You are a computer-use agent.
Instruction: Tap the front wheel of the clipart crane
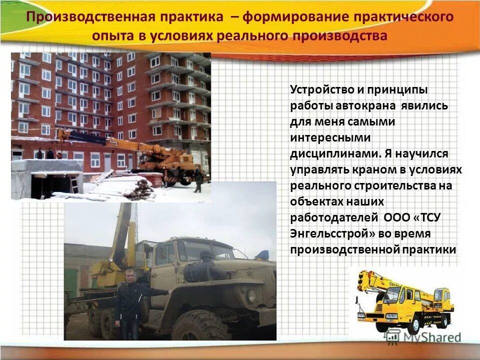pyautogui.click(x=413, y=325)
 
